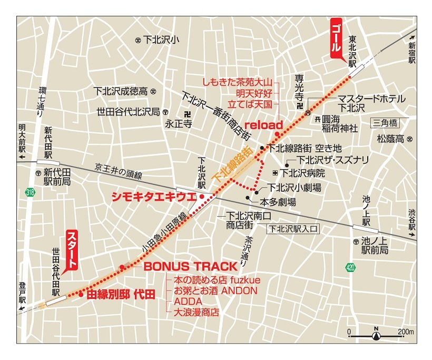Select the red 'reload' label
(264, 124)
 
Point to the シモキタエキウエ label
(154, 197)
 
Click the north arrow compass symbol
(376, 334)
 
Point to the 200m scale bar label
(406, 332)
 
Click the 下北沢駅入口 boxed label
(293, 229)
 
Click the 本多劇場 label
(278, 201)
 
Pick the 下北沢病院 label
(302, 173)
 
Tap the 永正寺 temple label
(178, 125)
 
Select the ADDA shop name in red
(177, 301)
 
